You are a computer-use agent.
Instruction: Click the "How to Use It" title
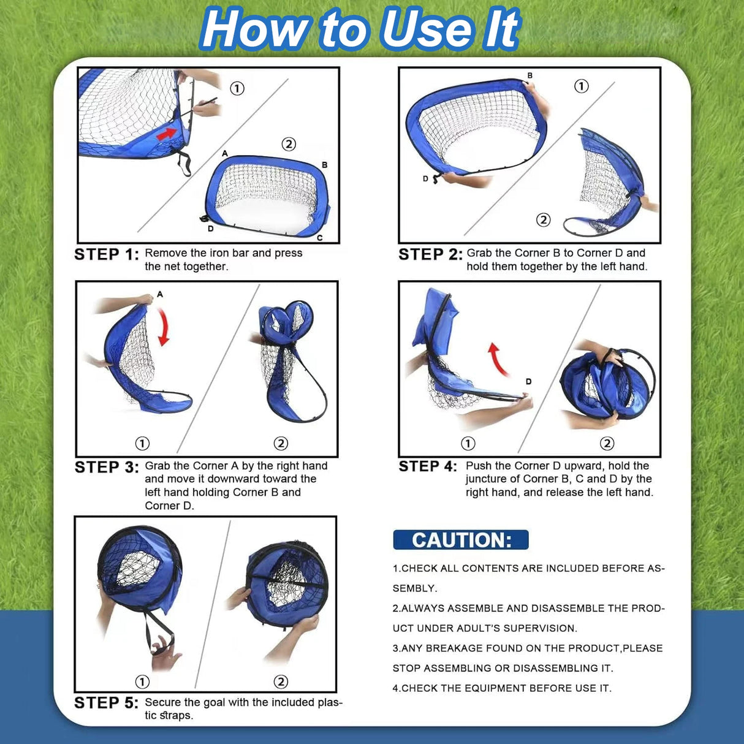click(360, 29)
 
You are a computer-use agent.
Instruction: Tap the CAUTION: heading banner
click(460, 540)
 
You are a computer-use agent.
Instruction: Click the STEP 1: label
click(107, 254)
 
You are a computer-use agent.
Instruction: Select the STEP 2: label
click(430, 254)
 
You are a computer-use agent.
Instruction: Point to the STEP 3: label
click(107, 467)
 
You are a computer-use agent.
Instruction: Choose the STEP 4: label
click(428, 466)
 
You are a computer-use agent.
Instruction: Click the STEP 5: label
click(107, 703)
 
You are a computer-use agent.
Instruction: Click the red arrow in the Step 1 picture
click(167, 133)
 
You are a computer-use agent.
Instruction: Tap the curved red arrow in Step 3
click(164, 327)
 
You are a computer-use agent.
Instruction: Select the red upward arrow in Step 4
click(498, 359)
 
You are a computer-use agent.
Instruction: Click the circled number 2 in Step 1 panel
click(289, 144)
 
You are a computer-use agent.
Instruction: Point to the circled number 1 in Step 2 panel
click(581, 86)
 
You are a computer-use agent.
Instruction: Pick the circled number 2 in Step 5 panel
click(281, 681)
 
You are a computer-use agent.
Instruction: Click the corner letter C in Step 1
click(320, 238)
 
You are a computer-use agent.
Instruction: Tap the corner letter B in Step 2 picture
click(530, 76)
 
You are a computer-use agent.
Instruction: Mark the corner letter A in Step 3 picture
click(160, 294)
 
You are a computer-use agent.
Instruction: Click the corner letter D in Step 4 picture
click(528, 382)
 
